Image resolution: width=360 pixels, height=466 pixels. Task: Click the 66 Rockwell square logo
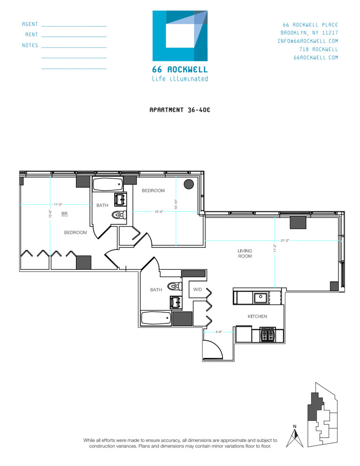pos(180,36)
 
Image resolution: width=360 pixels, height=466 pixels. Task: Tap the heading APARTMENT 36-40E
pos(180,110)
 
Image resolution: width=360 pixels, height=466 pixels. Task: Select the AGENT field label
pos(30,24)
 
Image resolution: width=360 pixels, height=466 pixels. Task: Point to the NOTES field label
pos(30,46)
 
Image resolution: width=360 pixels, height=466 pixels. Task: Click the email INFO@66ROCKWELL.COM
pos(307,41)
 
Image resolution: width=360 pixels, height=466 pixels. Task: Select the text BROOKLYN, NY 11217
pos(309,33)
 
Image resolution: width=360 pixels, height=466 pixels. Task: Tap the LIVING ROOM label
pos(245,254)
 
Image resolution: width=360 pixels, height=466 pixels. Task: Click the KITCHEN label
pos(257,316)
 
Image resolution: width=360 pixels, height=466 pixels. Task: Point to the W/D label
pos(198,289)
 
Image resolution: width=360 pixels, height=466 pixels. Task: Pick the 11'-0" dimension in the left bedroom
pos(58,204)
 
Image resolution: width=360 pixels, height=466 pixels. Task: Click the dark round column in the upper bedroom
pos(189,184)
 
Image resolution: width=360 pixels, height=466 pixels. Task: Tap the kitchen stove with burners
pos(267,335)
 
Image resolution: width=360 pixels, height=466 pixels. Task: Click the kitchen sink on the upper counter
pos(260,297)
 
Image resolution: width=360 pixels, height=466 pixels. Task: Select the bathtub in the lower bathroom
pos(156,319)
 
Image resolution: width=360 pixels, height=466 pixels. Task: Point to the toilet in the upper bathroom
pos(119,215)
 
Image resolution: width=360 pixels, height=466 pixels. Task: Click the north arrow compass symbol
pos(294,437)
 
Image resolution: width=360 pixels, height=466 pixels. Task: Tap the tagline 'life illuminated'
pos(180,79)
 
